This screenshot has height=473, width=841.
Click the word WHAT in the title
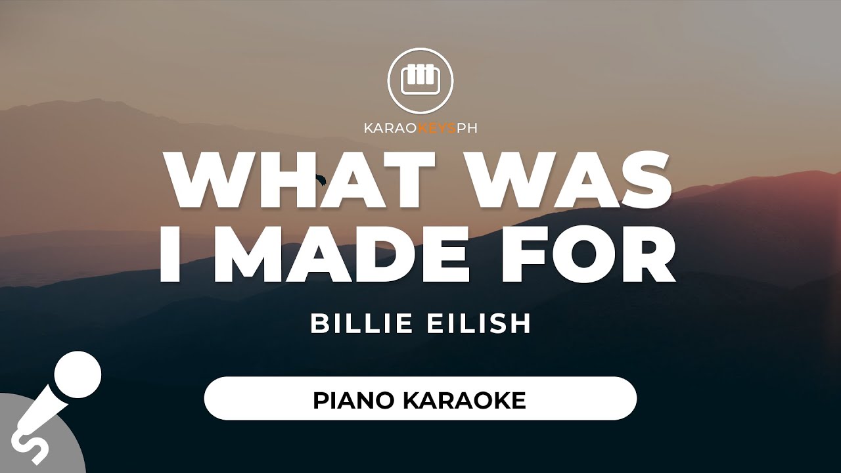pyautogui.click(x=300, y=179)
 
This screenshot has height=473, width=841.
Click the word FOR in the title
pyautogui.click(x=588, y=254)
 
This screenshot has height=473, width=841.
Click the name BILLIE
pyautogui.click(x=361, y=323)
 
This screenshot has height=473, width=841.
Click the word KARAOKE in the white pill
pyautogui.click(x=464, y=401)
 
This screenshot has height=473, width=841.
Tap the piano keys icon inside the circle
pyautogui.click(x=420, y=80)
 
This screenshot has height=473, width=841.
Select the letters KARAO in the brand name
pyautogui.click(x=390, y=128)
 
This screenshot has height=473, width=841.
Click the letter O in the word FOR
pyautogui.click(x=589, y=254)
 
